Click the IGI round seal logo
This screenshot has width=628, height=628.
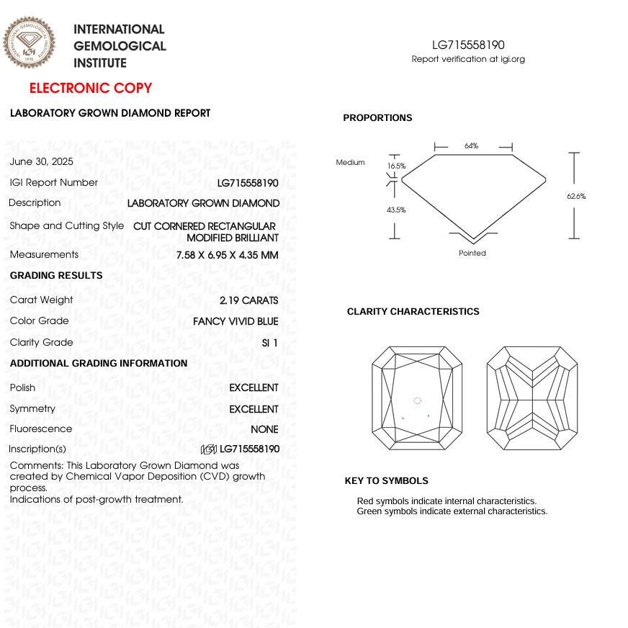(x=29, y=42)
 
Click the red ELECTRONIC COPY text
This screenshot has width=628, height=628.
(x=91, y=89)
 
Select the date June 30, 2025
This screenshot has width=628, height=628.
(x=42, y=162)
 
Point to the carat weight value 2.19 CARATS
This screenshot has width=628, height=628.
(x=248, y=300)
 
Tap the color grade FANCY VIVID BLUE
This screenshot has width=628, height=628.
(x=235, y=321)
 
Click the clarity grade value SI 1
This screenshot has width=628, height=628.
(x=270, y=343)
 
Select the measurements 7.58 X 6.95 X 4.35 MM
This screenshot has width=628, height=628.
(x=227, y=255)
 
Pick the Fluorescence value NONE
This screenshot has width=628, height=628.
(x=264, y=429)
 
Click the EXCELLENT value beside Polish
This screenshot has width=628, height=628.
(x=254, y=387)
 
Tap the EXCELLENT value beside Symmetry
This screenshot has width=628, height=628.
(x=254, y=409)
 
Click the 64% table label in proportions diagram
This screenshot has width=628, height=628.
(x=471, y=146)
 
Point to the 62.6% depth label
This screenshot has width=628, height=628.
(x=576, y=196)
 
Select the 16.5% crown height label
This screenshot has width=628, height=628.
(x=396, y=166)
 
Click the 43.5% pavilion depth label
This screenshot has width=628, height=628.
(x=396, y=210)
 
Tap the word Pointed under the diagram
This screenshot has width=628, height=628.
(x=472, y=254)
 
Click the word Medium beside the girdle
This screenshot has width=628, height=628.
(x=350, y=163)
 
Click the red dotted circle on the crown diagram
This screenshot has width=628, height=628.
(x=417, y=401)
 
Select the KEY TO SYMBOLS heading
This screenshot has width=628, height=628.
(x=386, y=481)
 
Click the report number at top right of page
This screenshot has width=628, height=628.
(x=468, y=45)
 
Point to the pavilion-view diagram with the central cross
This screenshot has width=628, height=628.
(x=531, y=398)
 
